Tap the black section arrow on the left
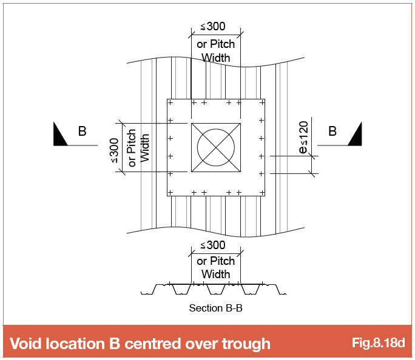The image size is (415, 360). tap(59, 136)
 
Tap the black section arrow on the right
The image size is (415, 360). tap(356, 136)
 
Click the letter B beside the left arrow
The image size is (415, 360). tap(83, 131)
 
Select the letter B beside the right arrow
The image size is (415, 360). tap(332, 131)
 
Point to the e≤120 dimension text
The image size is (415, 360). tap(303, 138)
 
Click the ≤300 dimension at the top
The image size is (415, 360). tap(213, 27)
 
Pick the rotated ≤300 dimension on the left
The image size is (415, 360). tap(114, 150)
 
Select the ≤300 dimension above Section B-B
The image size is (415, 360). tap(213, 245)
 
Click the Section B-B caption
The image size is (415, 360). tap(216, 308)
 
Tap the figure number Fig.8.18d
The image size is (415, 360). tap(378, 343)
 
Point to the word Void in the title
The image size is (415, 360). tap(26, 344)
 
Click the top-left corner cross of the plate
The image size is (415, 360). tap(170, 102)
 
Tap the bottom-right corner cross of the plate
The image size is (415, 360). tap(262, 193)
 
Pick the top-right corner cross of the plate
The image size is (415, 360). tap(262, 102)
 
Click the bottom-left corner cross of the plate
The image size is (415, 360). tap(170, 193)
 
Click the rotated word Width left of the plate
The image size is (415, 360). tap(144, 148)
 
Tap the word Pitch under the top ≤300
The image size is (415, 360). tap(222, 44)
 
